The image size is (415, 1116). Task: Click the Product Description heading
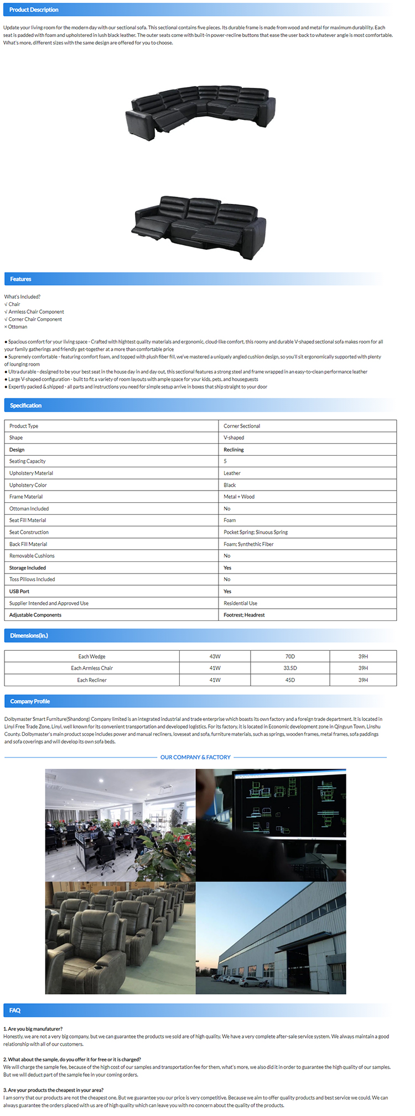pyautogui.click(x=34, y=10)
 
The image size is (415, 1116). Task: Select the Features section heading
pyautogui.click(x=20, y=279)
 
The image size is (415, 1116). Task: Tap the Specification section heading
pyautogui.click(x=25, y=406)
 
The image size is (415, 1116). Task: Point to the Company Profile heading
pyautogui.click(x=30, y=702)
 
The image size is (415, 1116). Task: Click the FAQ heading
pyautogui.click(x=15, y=1010)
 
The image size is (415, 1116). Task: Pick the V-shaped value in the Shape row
pyautogui.click(x=234, y=438)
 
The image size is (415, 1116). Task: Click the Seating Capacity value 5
pyautogui.click(x=225, y=461)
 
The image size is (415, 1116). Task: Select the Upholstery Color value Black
pyautogui.click(x=230, y=485)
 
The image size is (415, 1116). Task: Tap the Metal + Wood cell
pyautogui.click(x=239, y=497)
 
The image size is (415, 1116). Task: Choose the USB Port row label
pyautogui.click(x=19, y=591)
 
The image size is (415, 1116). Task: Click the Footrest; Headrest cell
pyautogui.click(x=244, y=615)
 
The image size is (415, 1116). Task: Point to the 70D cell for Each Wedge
pyautogui.click(x=290, y=656)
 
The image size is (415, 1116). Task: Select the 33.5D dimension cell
pyautogui.click(x=290, y=668)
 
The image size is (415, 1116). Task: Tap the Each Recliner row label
pyautogui.click(x=92, y=680)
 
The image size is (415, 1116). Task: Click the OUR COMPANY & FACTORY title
pyautogui.click(x=195, y=757)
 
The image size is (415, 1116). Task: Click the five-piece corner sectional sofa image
pyautogui.click(x=200, y=108)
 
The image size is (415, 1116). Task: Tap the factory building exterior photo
pyautogui.click(x=271, y=938)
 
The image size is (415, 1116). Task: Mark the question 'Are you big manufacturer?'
pyautogui.click(x=33, y=1029)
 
